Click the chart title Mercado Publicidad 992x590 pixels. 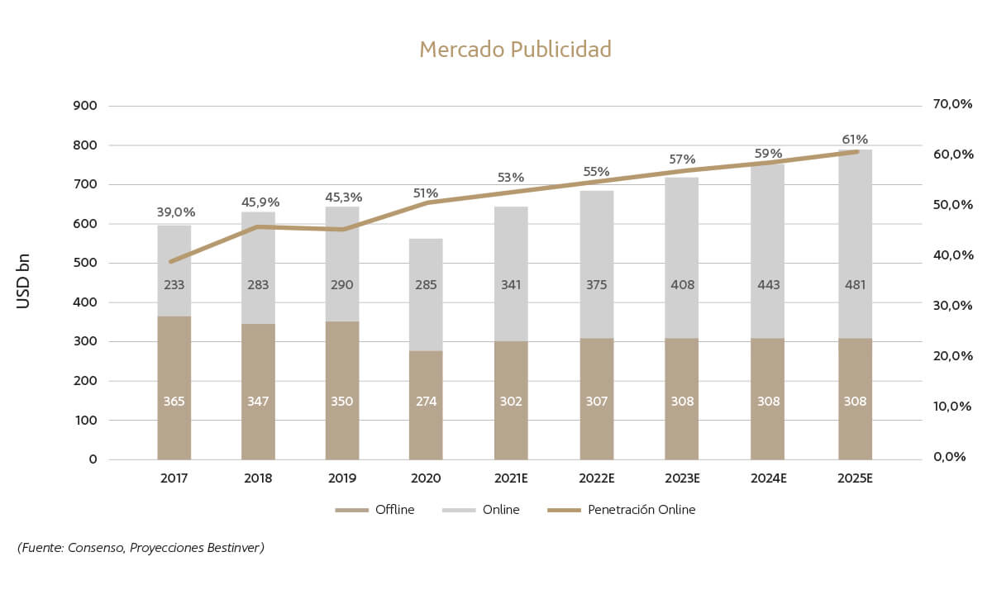click(x=515, y=50)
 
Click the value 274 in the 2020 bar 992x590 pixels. click(x=426, y=402)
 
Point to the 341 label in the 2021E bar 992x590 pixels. click(x=511, y=285)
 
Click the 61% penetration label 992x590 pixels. click(x=855, y=139)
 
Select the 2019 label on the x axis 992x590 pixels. click(x=342, y=478)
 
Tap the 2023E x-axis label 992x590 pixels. click(x=682, y=478)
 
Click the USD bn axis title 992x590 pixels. click(x=23, y=281)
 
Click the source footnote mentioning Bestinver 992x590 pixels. click(x=141, y=548)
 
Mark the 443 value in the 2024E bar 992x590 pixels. click(x=767, y=285)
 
